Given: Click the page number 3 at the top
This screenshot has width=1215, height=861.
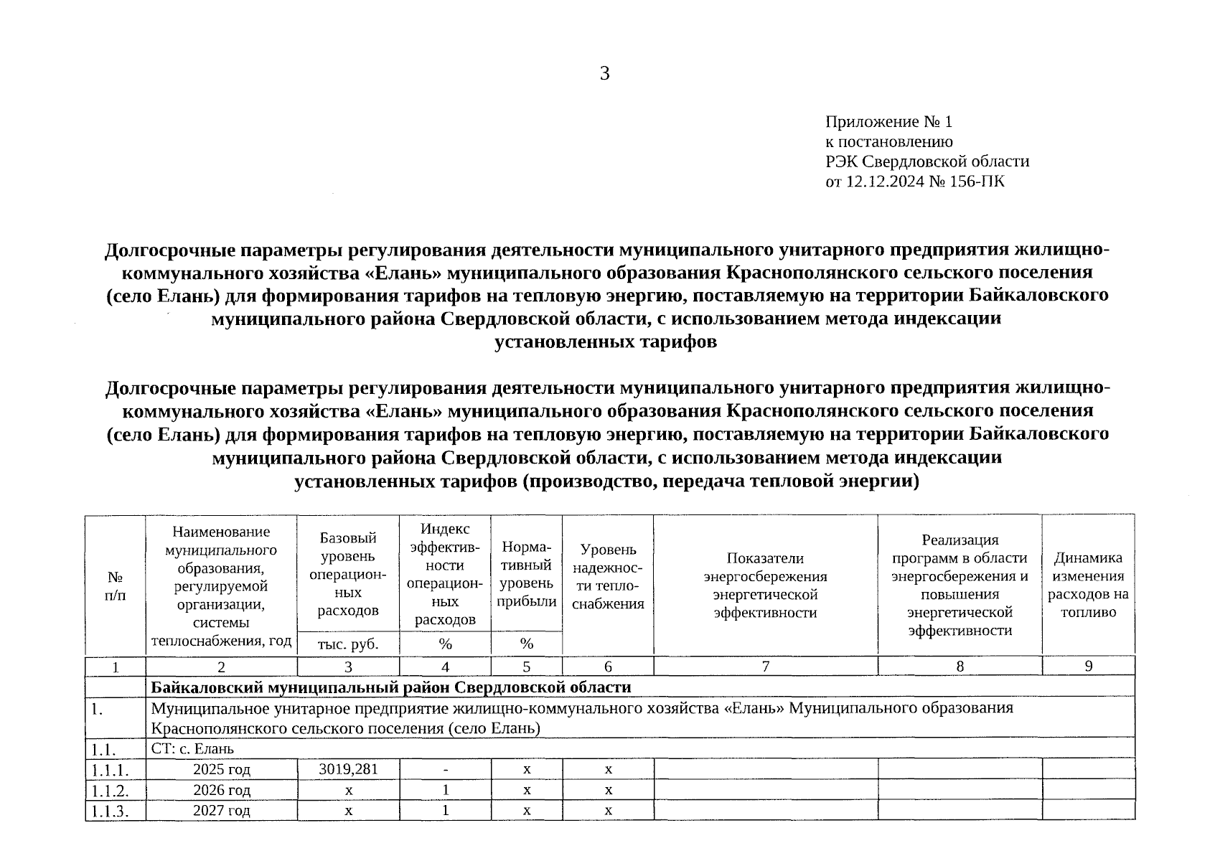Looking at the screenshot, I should pyautogui.click(x=604, y=73).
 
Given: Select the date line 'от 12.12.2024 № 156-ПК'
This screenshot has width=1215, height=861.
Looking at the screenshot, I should pyautogui.click(x=915, y=181).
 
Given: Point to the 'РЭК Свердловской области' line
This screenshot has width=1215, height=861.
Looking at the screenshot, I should pyautogui.click(x=927, y=161).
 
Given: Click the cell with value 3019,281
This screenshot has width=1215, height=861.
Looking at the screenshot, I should pyautogui.click(x=348, y=769).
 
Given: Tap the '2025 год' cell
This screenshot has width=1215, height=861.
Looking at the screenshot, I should pyautogui.click(x=222, y=770).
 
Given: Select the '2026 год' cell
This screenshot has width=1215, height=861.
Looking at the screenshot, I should pyautogui.click(x=222, y=790).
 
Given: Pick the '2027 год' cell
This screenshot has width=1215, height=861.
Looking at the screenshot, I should pyautogui.click(x=222, y=810).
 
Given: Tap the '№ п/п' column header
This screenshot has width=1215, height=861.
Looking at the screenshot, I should pyautogui.click(x=115, y=585).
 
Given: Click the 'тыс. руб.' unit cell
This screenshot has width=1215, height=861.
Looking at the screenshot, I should pyautogui.click(x=348, y=644).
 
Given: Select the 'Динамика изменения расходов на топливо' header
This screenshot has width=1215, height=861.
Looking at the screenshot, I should pyautogui.click(x=1088, y=585).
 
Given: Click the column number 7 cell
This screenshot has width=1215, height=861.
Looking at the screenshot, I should pyautogui.click(x=765, y=666).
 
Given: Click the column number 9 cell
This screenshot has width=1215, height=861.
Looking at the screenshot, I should pyautogui.click(x=1088, y=666).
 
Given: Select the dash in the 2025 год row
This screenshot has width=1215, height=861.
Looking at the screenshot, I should pyautogui.click(x=446, y=770).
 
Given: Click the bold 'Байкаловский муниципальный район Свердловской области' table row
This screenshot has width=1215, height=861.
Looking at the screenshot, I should pyautogui.click(x=390, y=687).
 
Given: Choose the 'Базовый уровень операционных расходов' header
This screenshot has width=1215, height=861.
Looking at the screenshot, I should pyautogui.click(x=348, y=574).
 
